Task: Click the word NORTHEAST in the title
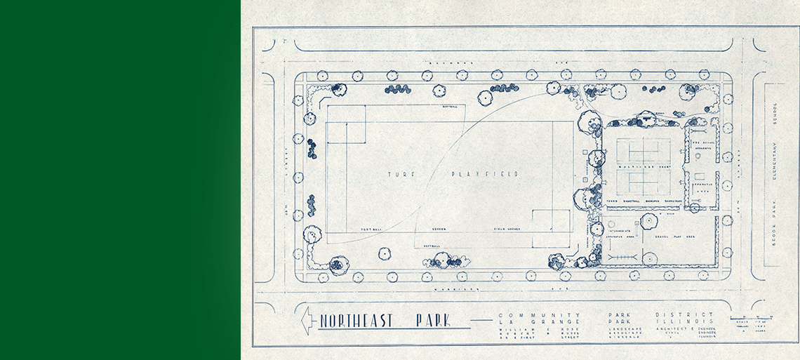pyautogui.click(x=356, y=322)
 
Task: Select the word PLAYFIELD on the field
pyautogui.click(x=484, y=173)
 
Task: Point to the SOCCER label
pyautogui.click(x=440, y=229)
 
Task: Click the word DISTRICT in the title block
pyautogui.click(x=684, y=315)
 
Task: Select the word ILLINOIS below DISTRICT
pyautogui.click(x=684, y=323)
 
